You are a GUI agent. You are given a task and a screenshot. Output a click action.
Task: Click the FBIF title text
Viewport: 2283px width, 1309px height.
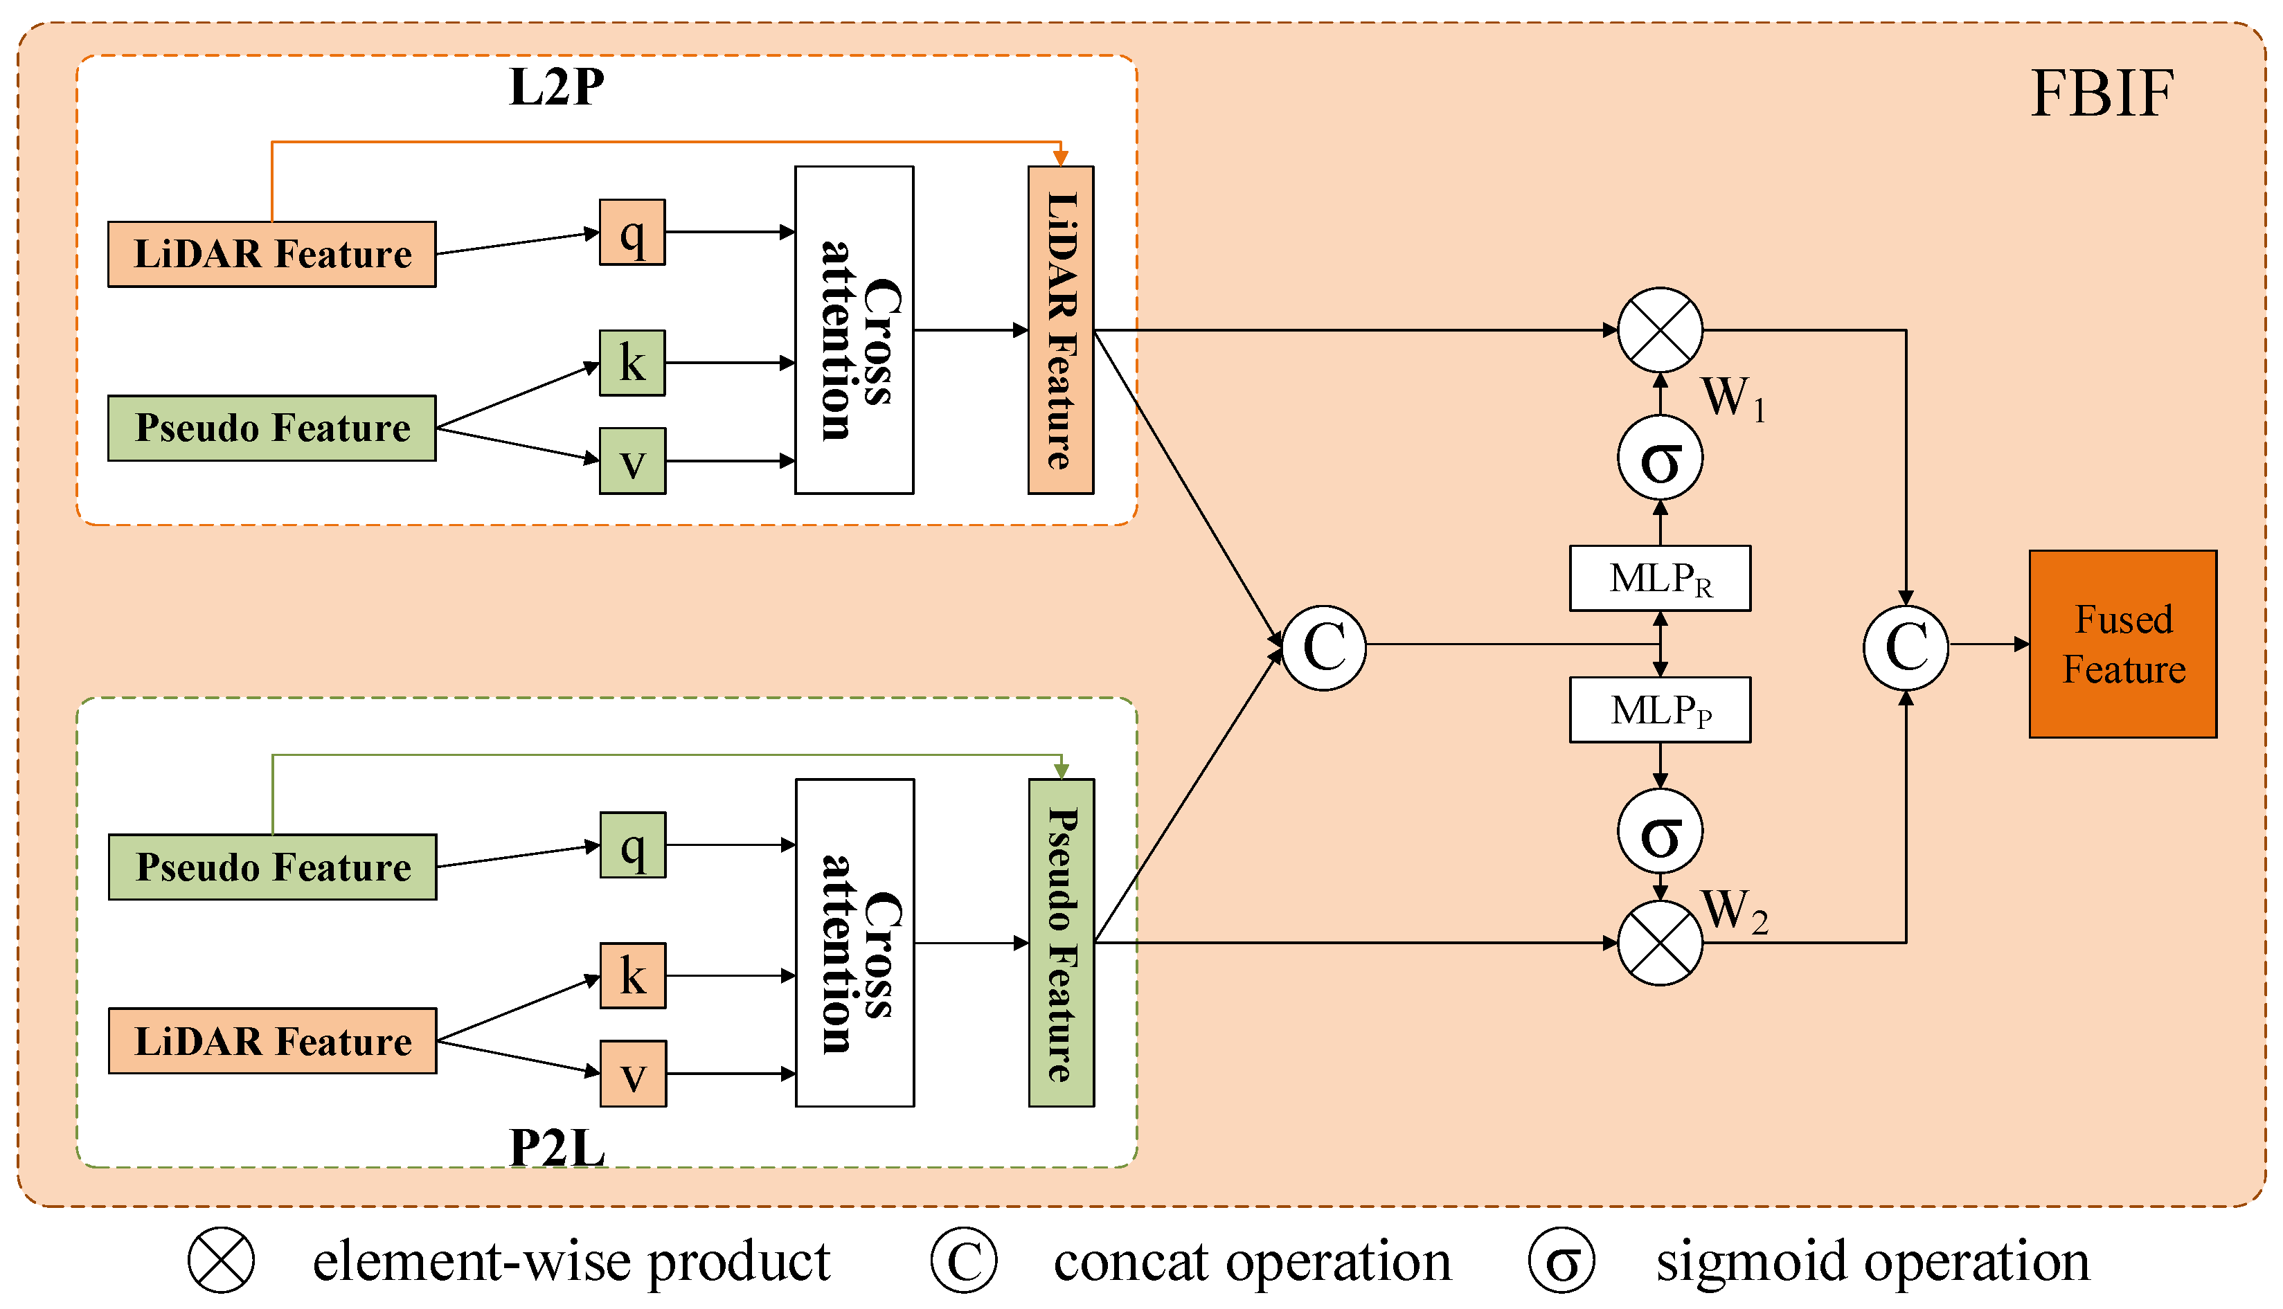tap(2102, 93)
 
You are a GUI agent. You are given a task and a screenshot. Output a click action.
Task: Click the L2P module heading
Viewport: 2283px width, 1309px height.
tap(557, 88)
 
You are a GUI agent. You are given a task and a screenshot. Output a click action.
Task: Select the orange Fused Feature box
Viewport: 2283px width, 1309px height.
tap(2122, 644)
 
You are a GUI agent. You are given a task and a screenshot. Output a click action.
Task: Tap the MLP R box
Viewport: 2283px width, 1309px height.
tap(1659, 578)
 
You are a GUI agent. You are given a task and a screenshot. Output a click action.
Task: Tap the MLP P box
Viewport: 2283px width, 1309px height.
tap(1659, 710)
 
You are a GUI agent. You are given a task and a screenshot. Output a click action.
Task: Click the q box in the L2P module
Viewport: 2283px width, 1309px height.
tap(632, 232)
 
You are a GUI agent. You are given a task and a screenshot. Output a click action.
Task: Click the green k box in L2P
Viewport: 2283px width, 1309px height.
tap(632, 362)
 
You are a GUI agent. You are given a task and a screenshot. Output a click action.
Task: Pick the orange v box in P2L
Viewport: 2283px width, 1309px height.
tap(633, 1074)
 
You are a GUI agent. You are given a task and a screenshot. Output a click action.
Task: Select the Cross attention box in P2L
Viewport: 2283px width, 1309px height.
tap(854, 942)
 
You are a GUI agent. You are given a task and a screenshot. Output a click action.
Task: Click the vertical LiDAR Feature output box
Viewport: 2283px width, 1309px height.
tap(1060, 330)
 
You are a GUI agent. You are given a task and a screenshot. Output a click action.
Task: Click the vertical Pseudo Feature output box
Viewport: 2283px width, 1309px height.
tap(1061, 942)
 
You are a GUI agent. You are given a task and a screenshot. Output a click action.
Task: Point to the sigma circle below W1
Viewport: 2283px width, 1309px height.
tap(1659, 458)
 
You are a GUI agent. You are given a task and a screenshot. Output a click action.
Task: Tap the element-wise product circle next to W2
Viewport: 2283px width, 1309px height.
tap(1659, 943)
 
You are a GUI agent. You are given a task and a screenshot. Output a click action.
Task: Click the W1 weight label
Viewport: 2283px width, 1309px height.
tap(1732, 397)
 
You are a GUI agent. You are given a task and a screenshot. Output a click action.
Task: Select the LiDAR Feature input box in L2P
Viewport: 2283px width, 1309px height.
tap(271, 255)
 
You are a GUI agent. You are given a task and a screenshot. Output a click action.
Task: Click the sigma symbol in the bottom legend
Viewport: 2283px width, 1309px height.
tap(1562, 1261)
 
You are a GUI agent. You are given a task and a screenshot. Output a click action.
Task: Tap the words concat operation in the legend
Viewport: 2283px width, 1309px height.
tap(1252, 1261)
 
